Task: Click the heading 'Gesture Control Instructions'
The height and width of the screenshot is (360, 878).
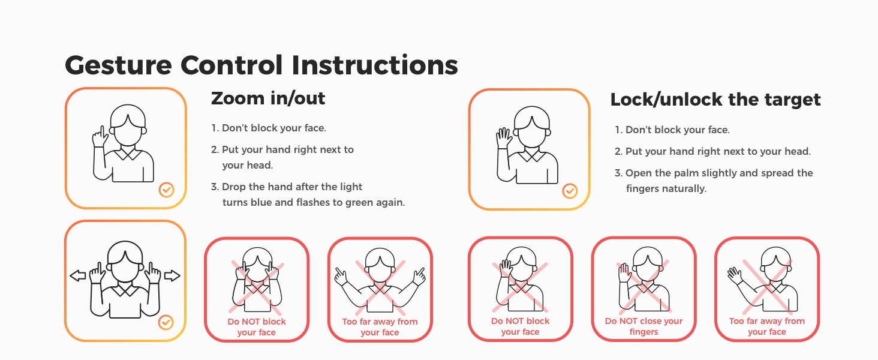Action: [x=261, y=65]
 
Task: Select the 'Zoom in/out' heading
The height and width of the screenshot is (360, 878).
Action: [x=268, y=98]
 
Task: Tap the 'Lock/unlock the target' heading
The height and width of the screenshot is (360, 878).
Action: [x=715, y=100]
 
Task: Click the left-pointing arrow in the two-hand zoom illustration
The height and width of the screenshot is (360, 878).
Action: [x=77, y=275]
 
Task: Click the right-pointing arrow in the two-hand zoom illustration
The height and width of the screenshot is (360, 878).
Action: [x=172, y=275]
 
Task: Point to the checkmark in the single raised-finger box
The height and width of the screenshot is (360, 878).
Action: [x=167, y=190]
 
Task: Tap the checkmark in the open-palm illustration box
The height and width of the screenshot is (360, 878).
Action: [x=570, y=191]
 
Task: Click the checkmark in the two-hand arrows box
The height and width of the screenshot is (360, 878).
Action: [x=166, y=322]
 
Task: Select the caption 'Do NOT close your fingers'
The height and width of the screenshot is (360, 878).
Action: [x=644, y=326]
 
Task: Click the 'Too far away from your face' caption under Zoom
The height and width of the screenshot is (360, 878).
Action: [x=380, y=327]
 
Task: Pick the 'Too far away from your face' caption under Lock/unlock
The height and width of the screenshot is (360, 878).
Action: [x=766, y=326]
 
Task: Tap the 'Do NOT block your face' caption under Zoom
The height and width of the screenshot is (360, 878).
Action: [x=257, y=327]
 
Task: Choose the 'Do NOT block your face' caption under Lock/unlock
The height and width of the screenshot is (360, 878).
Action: [x=520, y=326]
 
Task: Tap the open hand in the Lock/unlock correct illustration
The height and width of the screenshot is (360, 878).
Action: [x=504, y=138]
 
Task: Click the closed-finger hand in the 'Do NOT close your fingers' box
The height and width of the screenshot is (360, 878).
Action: [x=624, y=273]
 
